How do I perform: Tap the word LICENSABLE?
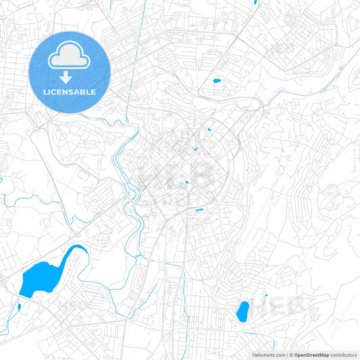70,92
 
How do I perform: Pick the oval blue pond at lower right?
242,311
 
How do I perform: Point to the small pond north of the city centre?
217,82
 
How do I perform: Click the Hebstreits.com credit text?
269,355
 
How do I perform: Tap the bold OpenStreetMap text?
311,355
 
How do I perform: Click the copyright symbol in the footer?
290,355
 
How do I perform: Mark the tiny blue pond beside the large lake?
18,307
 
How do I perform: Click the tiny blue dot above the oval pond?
266,295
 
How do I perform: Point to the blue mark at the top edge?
255,2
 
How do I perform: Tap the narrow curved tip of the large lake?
80,248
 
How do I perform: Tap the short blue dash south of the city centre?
199,210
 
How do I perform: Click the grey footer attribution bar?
304,355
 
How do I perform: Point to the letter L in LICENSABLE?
46,92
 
